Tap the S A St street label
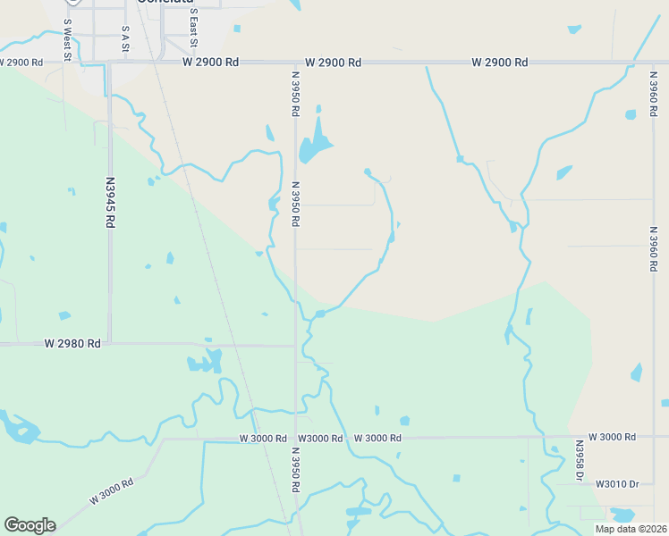click(x=125, y=41)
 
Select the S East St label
click(x=193, y=29)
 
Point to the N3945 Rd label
click(x=110, y=201)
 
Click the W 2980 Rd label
click(x=72, y=343)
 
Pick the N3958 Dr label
click(x=580, y=462)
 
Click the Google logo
click(x=30, y=525)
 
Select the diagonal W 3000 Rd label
click(x=111, y=493)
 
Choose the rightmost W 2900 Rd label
click(x=499, y=63)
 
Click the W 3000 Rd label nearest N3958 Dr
click(x=606, y=437)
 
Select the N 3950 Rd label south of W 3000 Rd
click(x=294, y=469)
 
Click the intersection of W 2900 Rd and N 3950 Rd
click(x=295, y=63)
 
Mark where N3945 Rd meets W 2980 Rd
click(x=110, y=343)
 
